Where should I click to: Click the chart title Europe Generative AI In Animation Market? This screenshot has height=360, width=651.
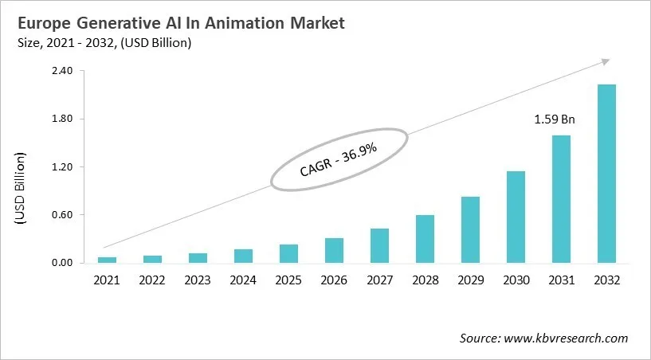(x=179, y=24)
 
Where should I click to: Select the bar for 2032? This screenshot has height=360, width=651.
(x=606, y=174)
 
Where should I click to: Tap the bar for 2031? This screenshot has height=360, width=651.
(x=561, y=199)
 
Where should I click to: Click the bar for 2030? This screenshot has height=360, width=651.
(x=516, y=217)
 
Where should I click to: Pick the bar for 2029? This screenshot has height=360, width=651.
(x=470, y=229)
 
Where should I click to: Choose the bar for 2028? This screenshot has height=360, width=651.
(x=425, y=239)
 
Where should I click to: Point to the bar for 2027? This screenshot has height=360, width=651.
(x=379, y=245)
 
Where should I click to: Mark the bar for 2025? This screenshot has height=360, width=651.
(x=288, y=253)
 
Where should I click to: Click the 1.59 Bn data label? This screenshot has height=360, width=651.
(x=555, y=120)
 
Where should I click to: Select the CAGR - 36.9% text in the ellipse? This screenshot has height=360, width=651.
(x=339, y=159)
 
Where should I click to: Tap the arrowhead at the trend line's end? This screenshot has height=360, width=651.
(x=606, y=61)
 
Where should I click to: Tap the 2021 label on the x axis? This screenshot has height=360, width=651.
(x=107, y=280)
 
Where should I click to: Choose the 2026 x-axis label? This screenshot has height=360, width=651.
(x=334, y=280)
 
